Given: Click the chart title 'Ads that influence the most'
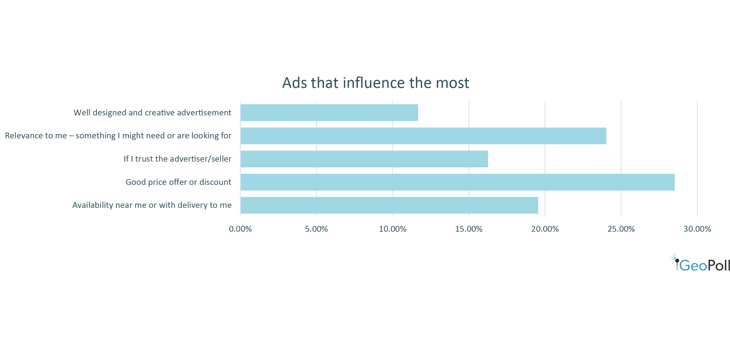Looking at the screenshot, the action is [376, 83].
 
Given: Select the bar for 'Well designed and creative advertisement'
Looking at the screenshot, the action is [329, 113].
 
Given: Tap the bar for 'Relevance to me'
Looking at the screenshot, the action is [424, 136].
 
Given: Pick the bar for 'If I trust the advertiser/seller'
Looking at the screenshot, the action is [364, 159].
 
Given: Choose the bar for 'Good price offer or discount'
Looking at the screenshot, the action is [458, 182].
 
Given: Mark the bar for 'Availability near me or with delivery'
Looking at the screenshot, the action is [389, 205].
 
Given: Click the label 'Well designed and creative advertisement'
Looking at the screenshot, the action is [152, 113].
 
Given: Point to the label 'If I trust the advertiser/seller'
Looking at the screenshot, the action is [178, 159].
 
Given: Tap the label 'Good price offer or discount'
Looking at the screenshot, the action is [178, 182].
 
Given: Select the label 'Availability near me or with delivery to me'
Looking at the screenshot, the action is [152, 205].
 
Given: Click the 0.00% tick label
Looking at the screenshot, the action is [240, 229].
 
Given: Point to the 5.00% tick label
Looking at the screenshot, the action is [317, 229].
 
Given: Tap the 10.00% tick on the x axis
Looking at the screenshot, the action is [393, 229].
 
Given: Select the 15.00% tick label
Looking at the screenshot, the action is [469, 229].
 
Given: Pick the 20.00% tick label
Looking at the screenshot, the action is [545, 229].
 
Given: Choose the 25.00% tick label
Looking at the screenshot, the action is [621, 229].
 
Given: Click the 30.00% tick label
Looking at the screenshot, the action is [697, 229].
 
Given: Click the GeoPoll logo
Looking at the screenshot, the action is [700, 263].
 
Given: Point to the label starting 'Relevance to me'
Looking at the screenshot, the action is [118, 136].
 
